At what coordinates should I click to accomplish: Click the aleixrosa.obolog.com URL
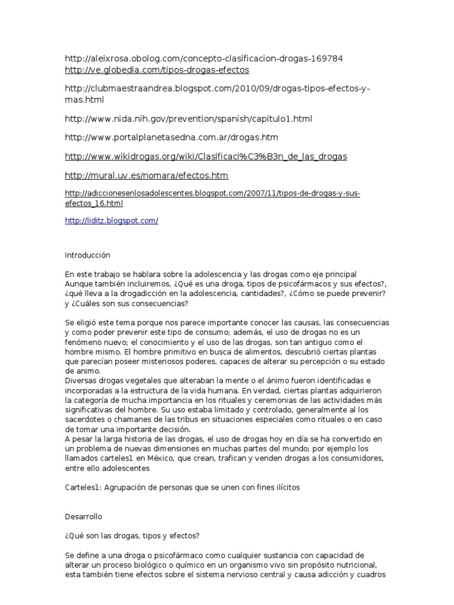pyautogui.click(x=204, y=58)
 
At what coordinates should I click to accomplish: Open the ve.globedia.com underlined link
pyautogui.click(x=157, y=70)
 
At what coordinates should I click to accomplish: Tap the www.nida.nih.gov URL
pyautogui.click(x=189, y=119)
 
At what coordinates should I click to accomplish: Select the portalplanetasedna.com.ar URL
pyautogui.click(x=171, y=138)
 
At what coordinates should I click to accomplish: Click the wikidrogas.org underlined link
pyautogui.click(x=206, y=157)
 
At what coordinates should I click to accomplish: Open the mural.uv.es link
pyautogui.click(x=147, y=175)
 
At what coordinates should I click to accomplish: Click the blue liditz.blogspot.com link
pyautogui.click(x=112, y=220)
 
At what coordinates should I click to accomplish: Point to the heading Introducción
pyautogui.click(x=87, y=255)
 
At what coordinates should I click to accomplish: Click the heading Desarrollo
pyautogui.click(x=83, y=516)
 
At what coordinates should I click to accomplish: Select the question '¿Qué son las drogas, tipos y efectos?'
pyautogui.click(x=132, y=536)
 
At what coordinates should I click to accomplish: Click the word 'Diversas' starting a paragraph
pyautogui.click(x=80, y=380)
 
